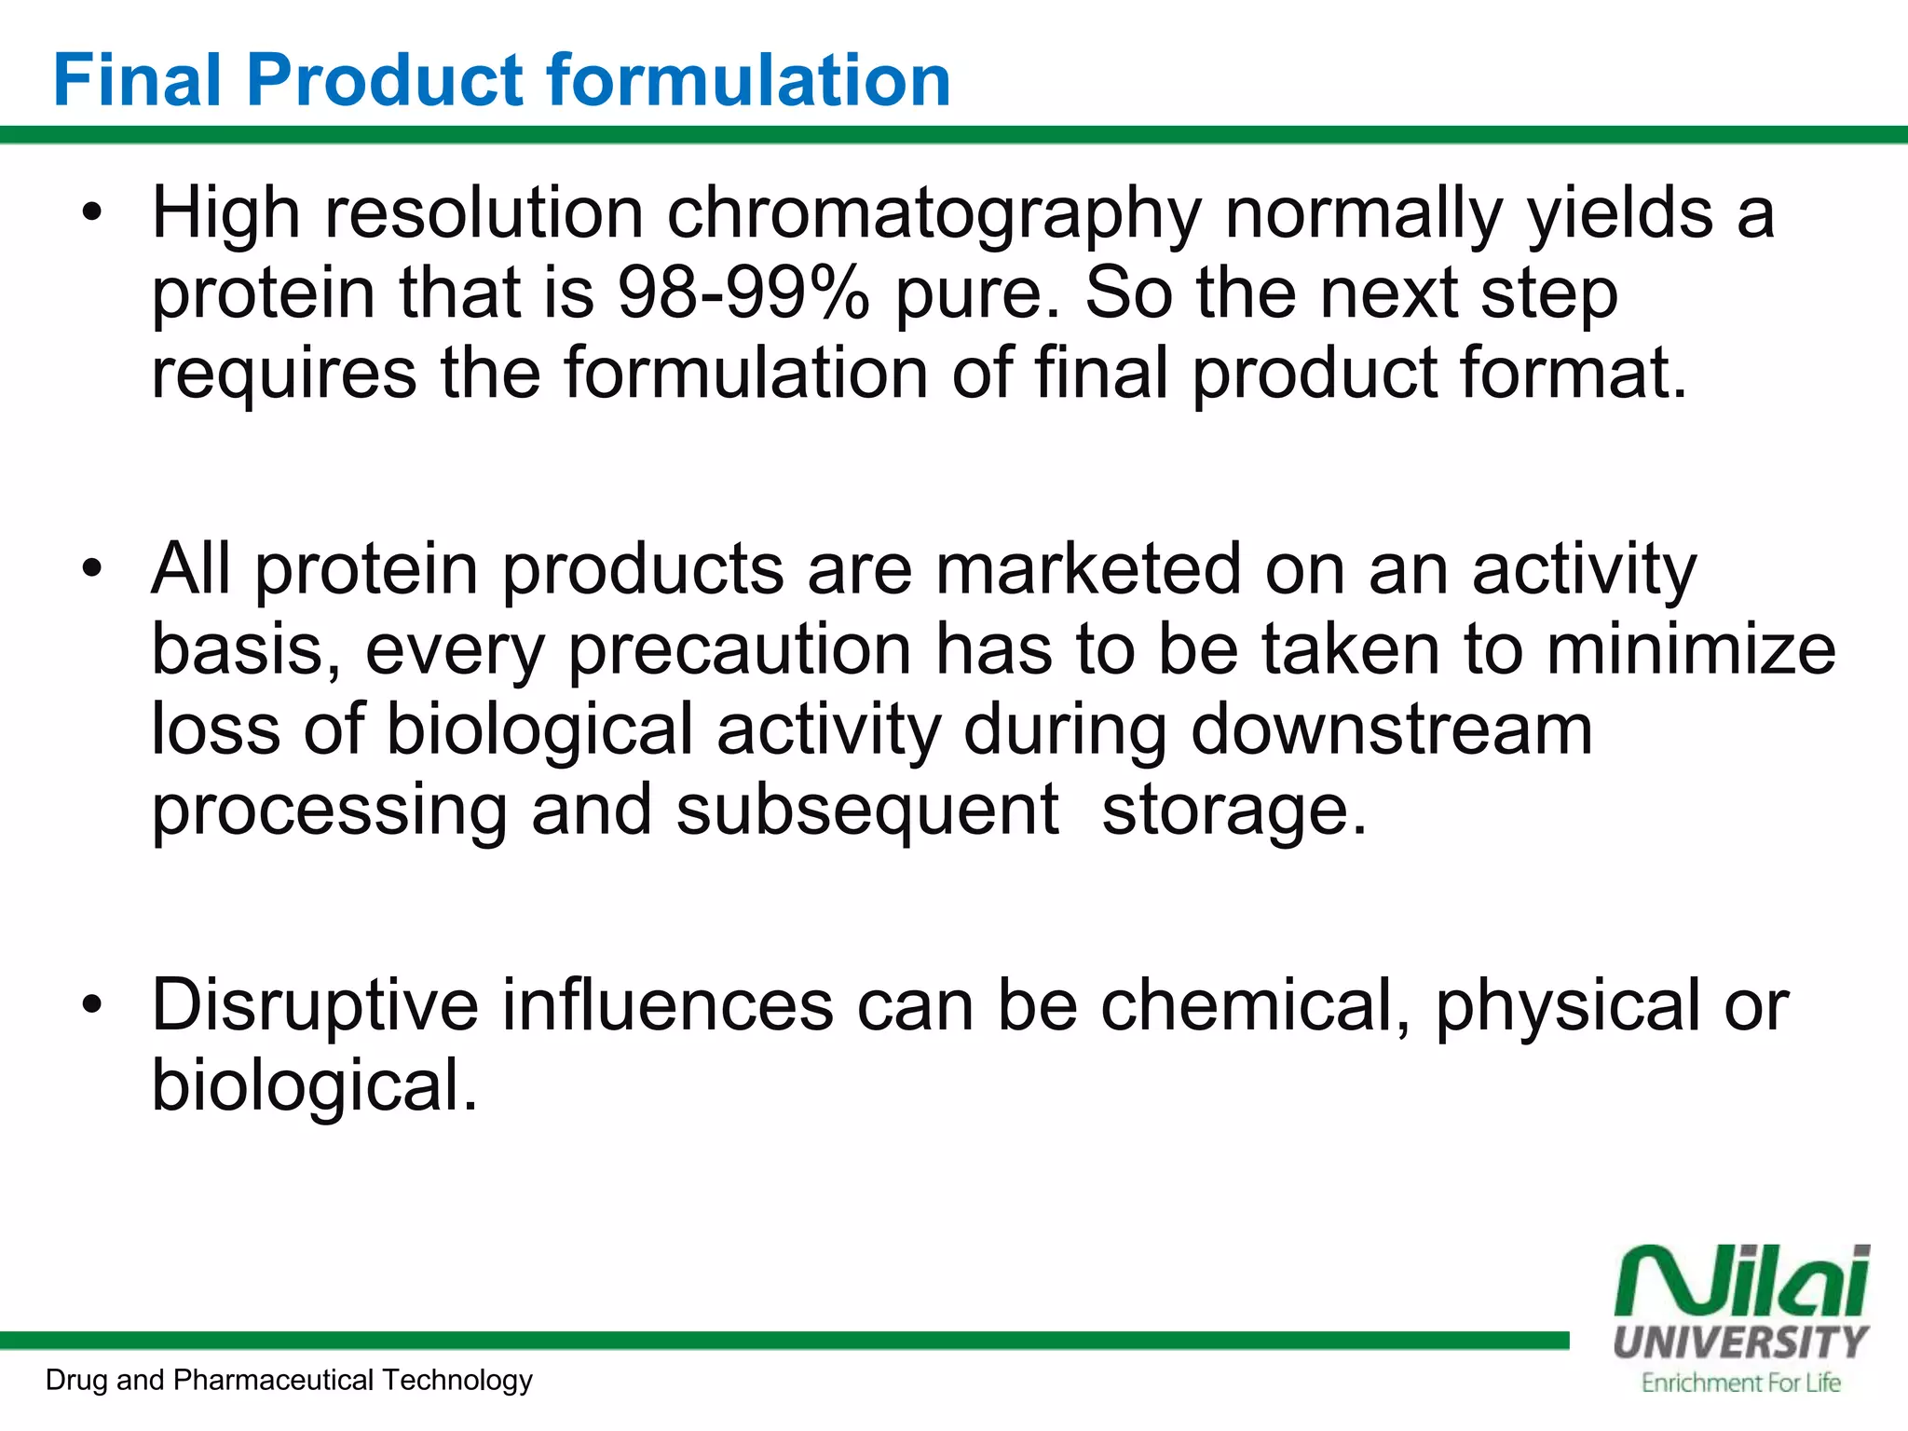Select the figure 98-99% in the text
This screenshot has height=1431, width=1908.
(x=743, y=293)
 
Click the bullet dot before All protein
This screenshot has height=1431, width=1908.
(x=90, y=569)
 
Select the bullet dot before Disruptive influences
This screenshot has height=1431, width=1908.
(x=90, y=1006)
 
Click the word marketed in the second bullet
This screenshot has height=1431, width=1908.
(x=1087, y=569)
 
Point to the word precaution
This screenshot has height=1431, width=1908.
(x=740, y=651)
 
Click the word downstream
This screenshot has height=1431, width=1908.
(x=1391, y=729)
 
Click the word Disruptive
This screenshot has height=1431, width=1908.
(x=315, y=1006)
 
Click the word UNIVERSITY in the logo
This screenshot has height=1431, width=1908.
(x=1740, y=1342)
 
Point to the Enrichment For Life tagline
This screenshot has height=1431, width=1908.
(x=1740, y=1383)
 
